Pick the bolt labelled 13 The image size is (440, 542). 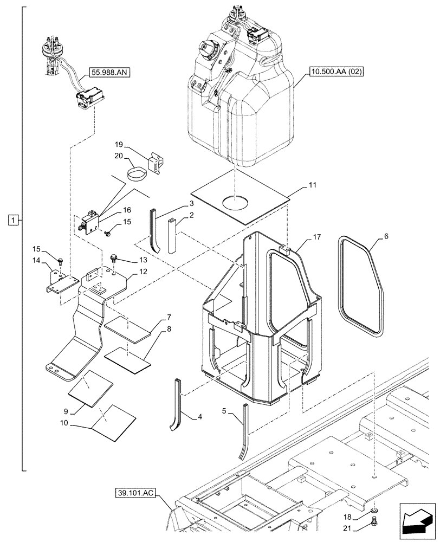pos(114,256)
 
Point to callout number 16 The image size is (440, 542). pos(127,209)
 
